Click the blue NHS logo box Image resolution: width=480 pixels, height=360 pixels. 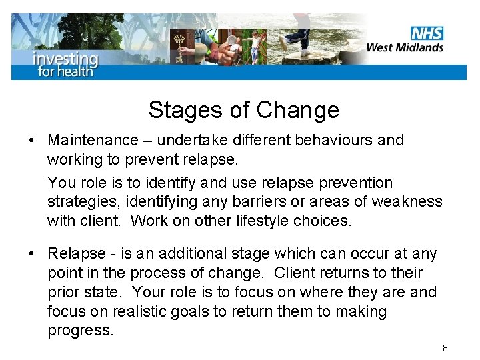coord(427,33)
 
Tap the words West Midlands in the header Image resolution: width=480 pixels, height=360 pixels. coord(405,47)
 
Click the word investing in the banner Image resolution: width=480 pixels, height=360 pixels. coord(65,58)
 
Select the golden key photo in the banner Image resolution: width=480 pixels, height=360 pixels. coord(178,47)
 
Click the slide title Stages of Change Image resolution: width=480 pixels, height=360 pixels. coord(243,109)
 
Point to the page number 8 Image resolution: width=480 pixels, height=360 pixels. coord(445,348)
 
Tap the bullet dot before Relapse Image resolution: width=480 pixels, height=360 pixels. coord(31,254)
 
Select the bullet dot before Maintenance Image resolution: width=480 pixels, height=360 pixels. coord(31,141)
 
